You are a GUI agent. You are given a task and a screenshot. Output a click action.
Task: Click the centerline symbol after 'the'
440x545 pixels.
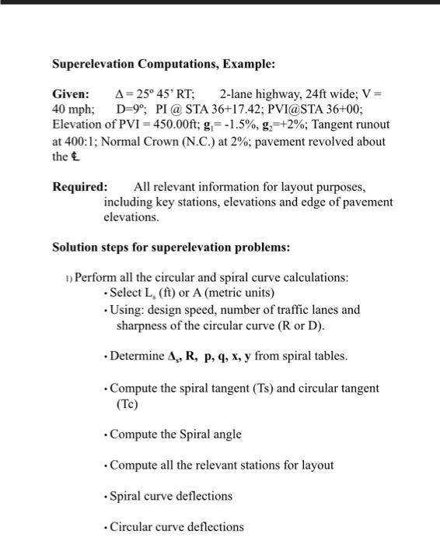click(x=77, y=156)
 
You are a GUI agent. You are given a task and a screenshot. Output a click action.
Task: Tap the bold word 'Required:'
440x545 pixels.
click(x=80, y=187)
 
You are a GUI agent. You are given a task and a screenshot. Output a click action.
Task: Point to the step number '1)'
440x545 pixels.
click(x=68, y=279)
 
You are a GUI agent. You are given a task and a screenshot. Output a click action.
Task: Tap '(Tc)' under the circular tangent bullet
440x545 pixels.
click(x=125, y=403)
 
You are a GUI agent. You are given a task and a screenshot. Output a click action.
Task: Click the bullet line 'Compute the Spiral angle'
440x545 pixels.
click(x=176, y=434)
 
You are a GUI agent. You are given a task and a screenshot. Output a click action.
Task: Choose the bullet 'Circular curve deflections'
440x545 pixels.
click(x=176, y=527)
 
